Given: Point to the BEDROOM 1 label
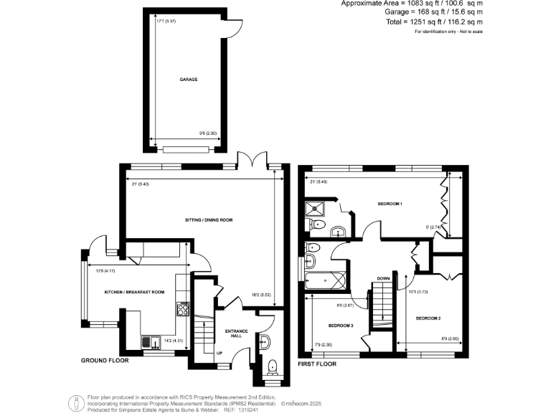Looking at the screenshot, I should [390, 204].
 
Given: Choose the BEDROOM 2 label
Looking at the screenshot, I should [428, 318].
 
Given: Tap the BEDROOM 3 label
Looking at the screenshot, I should [340, 325].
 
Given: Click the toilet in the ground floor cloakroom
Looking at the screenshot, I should [272, 368].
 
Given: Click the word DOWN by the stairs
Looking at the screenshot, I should [384, 278].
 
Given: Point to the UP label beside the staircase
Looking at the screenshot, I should [219, 352].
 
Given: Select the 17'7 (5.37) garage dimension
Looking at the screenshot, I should [166, 21].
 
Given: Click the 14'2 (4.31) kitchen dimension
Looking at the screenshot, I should [173, 341].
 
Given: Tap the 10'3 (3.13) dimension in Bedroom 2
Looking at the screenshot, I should [418, 291].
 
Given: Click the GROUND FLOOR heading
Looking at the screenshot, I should [105, 361].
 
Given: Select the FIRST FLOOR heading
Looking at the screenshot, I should [317, 364].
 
